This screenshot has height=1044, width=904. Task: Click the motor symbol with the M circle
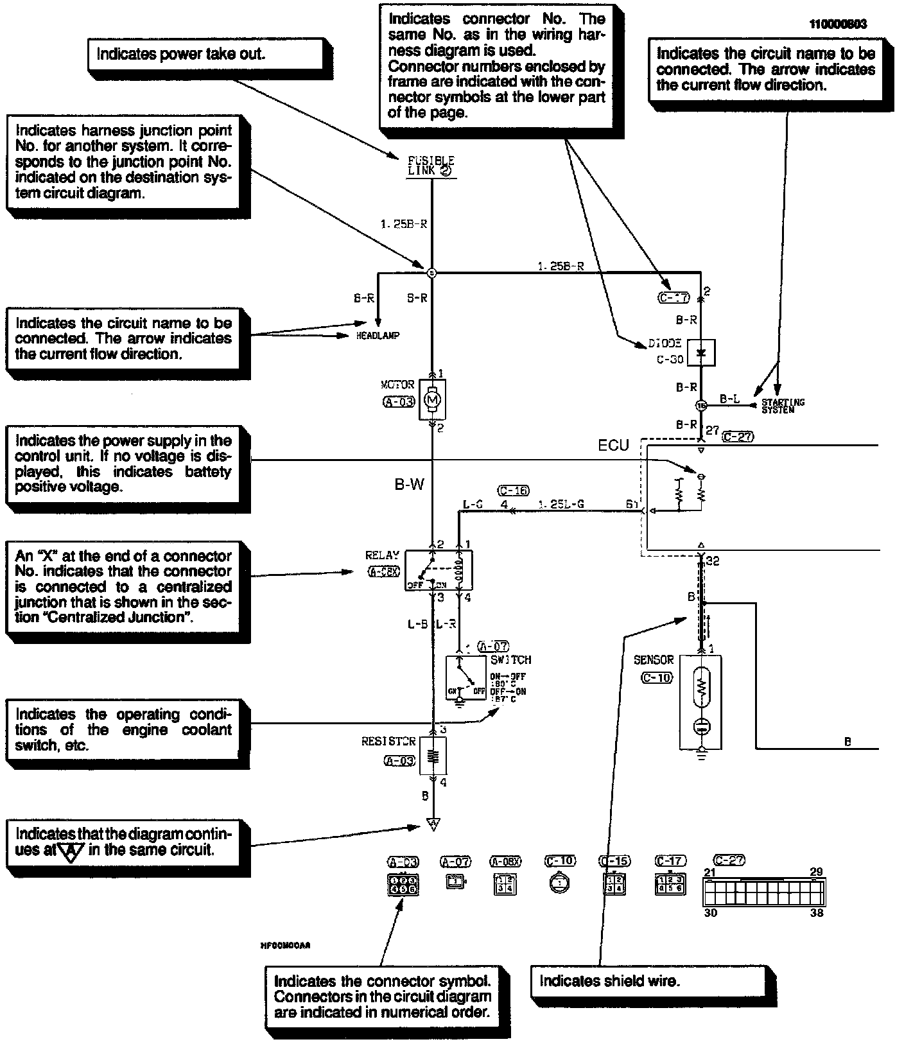pos(432,399)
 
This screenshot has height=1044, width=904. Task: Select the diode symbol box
pos(700,352)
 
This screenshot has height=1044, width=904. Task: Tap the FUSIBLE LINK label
pos(431,166)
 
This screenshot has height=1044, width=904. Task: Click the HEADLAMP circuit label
pos(378,336)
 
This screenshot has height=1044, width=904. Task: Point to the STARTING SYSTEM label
pos(782,406)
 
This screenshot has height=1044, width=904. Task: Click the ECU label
pos(613,446)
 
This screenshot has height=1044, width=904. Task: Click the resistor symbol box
pos(433,755)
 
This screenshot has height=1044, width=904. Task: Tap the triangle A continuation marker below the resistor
pos(433,824)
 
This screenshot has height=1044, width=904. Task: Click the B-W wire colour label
pos(409,485)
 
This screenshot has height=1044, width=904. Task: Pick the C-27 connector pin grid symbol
pos(763,892)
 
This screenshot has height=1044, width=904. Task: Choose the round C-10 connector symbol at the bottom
pos(560,883)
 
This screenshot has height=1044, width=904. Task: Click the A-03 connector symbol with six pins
pos(401,884)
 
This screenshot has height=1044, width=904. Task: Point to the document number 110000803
pos(837,24)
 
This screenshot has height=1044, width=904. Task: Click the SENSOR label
pos(654,659)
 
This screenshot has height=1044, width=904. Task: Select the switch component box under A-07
pos(466,677)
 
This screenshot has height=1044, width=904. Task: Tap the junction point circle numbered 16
pos(700,406)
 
